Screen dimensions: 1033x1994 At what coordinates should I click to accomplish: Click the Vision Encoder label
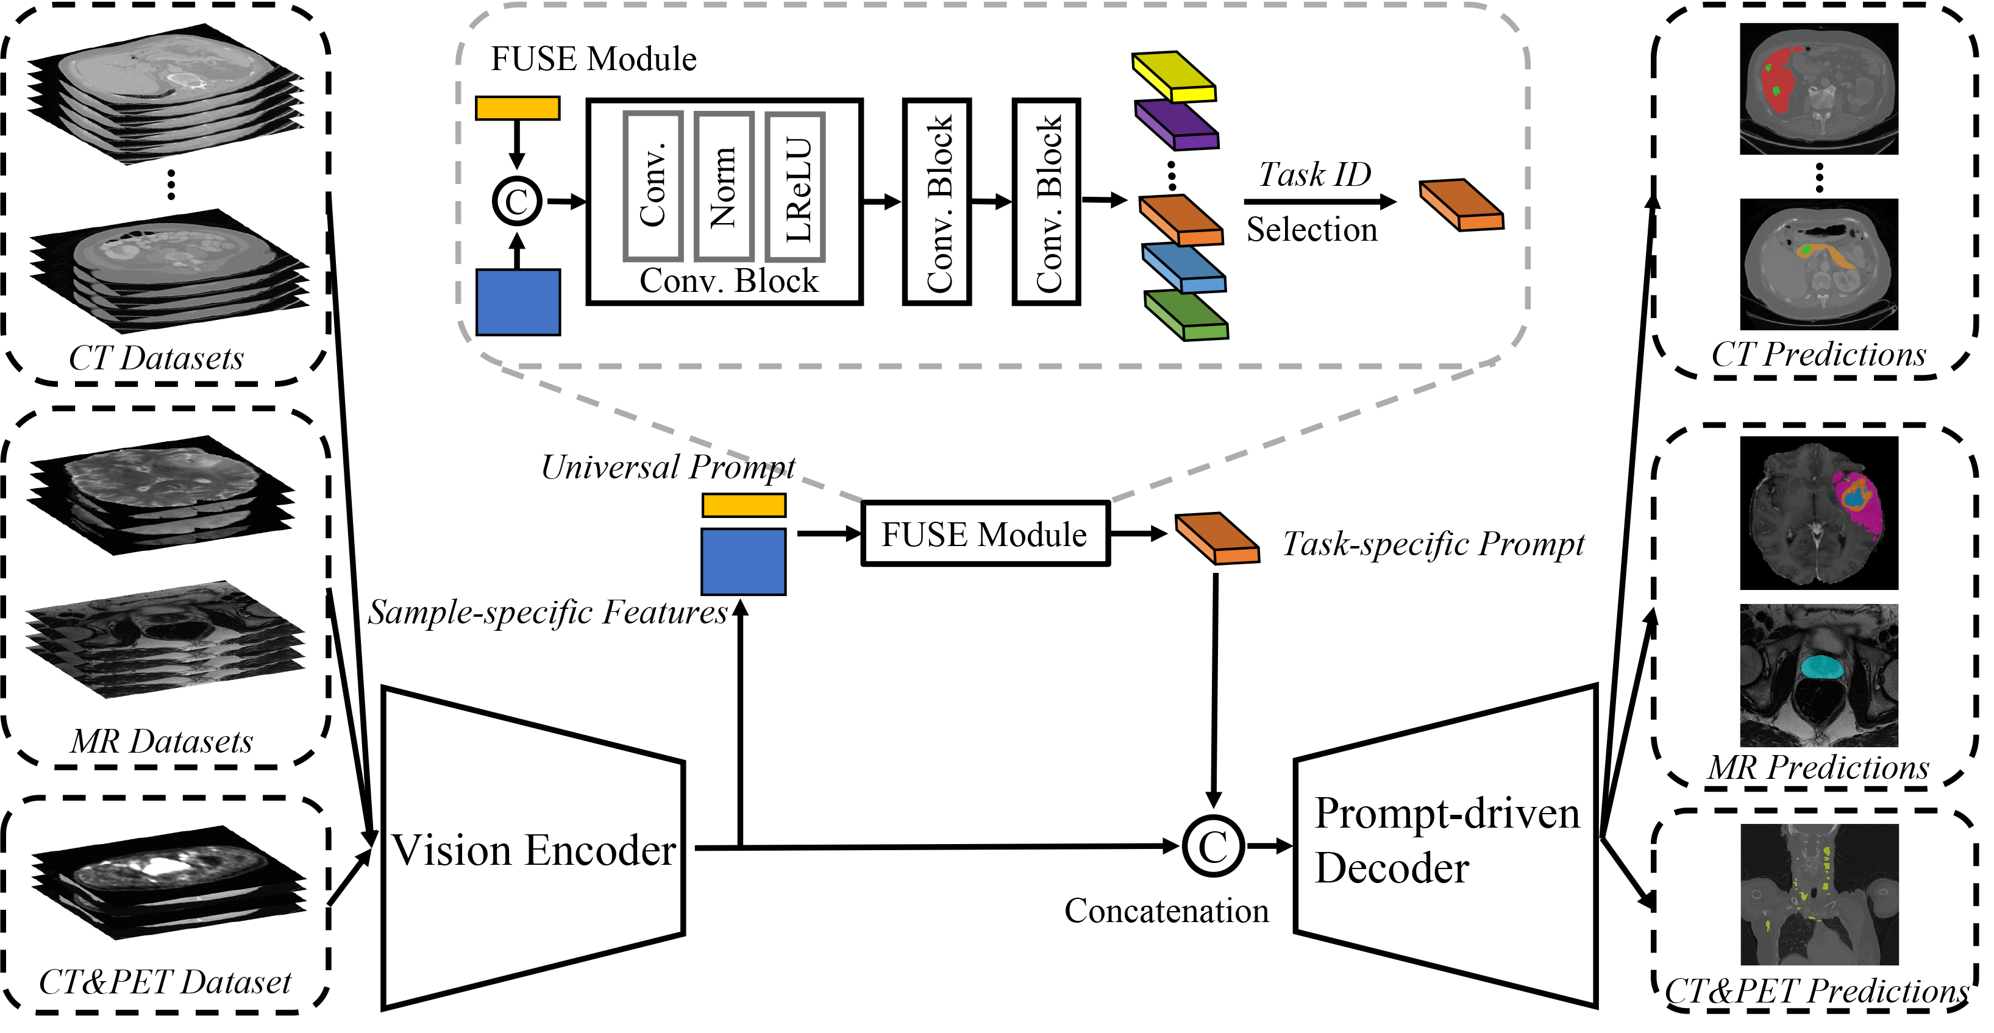(534, 850)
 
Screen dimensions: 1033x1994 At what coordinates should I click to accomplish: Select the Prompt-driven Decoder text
(1446, 840)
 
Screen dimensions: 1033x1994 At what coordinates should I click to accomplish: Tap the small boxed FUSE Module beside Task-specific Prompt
(985, 534)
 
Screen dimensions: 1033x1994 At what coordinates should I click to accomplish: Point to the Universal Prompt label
(668, 467)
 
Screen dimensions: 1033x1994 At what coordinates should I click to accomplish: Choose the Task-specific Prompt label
(1433, 544)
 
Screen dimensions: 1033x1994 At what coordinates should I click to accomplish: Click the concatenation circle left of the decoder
(1213, 847)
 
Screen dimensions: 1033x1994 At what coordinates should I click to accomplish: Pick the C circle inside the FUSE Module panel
(517, 202)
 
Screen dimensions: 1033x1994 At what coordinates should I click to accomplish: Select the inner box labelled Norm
(724, 186)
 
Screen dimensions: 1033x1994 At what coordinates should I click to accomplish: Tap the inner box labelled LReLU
(795, 186)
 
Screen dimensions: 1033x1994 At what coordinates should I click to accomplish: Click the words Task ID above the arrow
(1314, 175)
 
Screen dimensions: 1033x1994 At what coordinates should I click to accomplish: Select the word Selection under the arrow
(1312, 230)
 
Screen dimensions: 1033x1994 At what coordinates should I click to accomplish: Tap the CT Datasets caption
(156, 358)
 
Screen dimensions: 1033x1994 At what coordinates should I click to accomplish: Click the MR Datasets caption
(162, 741)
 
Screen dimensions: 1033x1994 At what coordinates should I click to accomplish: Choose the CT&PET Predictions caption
(1816, 991)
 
